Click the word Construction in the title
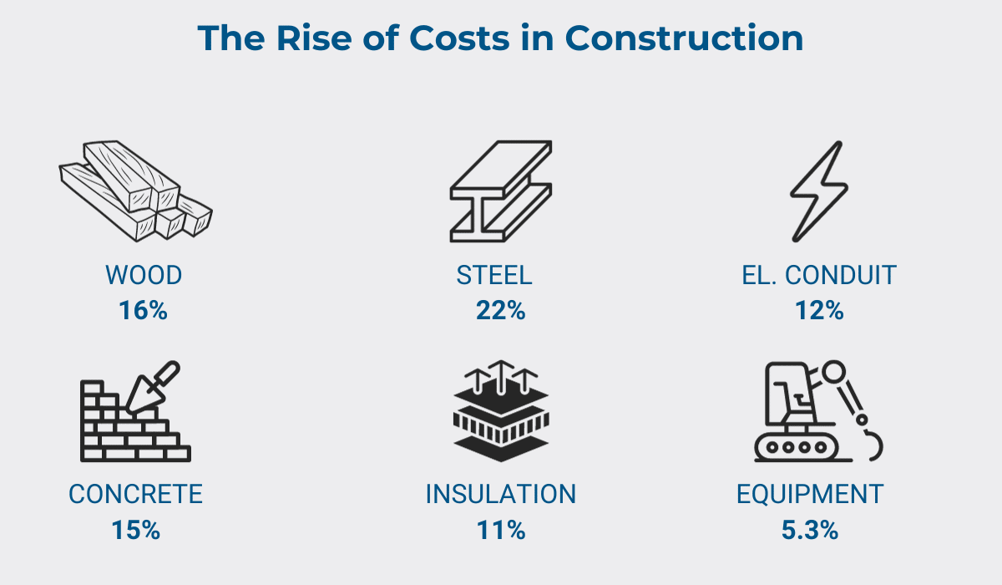[684, 38]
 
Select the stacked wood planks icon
[135, 191]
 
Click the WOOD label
[144, 275]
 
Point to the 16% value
[143, 311]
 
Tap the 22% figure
[500, 311]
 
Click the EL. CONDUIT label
[819, 275]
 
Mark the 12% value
[819, 311]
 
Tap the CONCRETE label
[135, 494]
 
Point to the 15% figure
[135, 530]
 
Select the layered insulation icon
[500, 412]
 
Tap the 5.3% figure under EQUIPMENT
[810, 530]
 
